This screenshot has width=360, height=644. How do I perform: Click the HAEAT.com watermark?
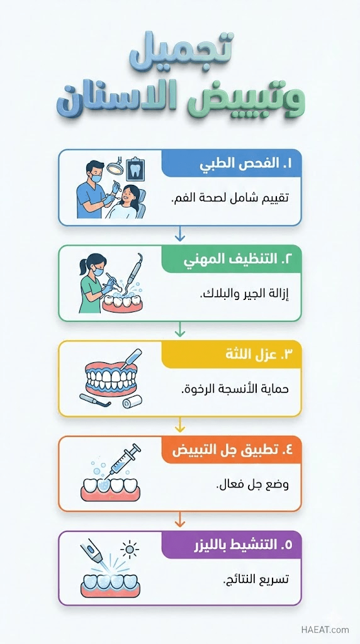click(325, 630)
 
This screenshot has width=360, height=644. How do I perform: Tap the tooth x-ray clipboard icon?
click(135, 169)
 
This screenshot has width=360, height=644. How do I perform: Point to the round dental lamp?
click(113, 166)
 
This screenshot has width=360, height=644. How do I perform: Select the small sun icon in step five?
click(130, 549)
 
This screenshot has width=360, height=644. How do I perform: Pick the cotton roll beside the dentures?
click(132, 401)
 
